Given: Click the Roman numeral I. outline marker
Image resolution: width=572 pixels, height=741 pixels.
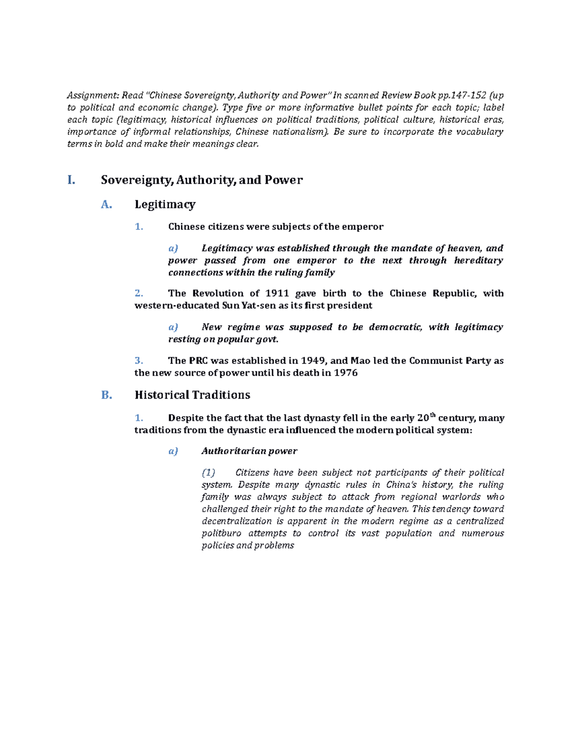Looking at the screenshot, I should (x=71, y=180).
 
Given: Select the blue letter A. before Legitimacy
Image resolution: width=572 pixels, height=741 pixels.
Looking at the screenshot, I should (x=106, y=205).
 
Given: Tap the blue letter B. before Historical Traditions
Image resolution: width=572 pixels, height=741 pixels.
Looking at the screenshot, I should (x=106, y=395).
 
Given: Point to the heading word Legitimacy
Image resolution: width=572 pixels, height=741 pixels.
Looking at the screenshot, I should (x=165, y=205).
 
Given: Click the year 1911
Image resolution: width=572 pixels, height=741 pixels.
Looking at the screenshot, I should (x=277, y=293).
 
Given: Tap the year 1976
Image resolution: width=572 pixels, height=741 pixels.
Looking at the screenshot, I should (x=346, y=373).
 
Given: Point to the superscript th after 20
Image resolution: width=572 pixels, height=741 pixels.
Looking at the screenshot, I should (x=433, y=415).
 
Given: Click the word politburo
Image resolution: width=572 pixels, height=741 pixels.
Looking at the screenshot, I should (x=221, y=533).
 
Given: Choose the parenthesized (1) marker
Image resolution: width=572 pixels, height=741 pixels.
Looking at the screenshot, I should (x=208, y=473).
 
